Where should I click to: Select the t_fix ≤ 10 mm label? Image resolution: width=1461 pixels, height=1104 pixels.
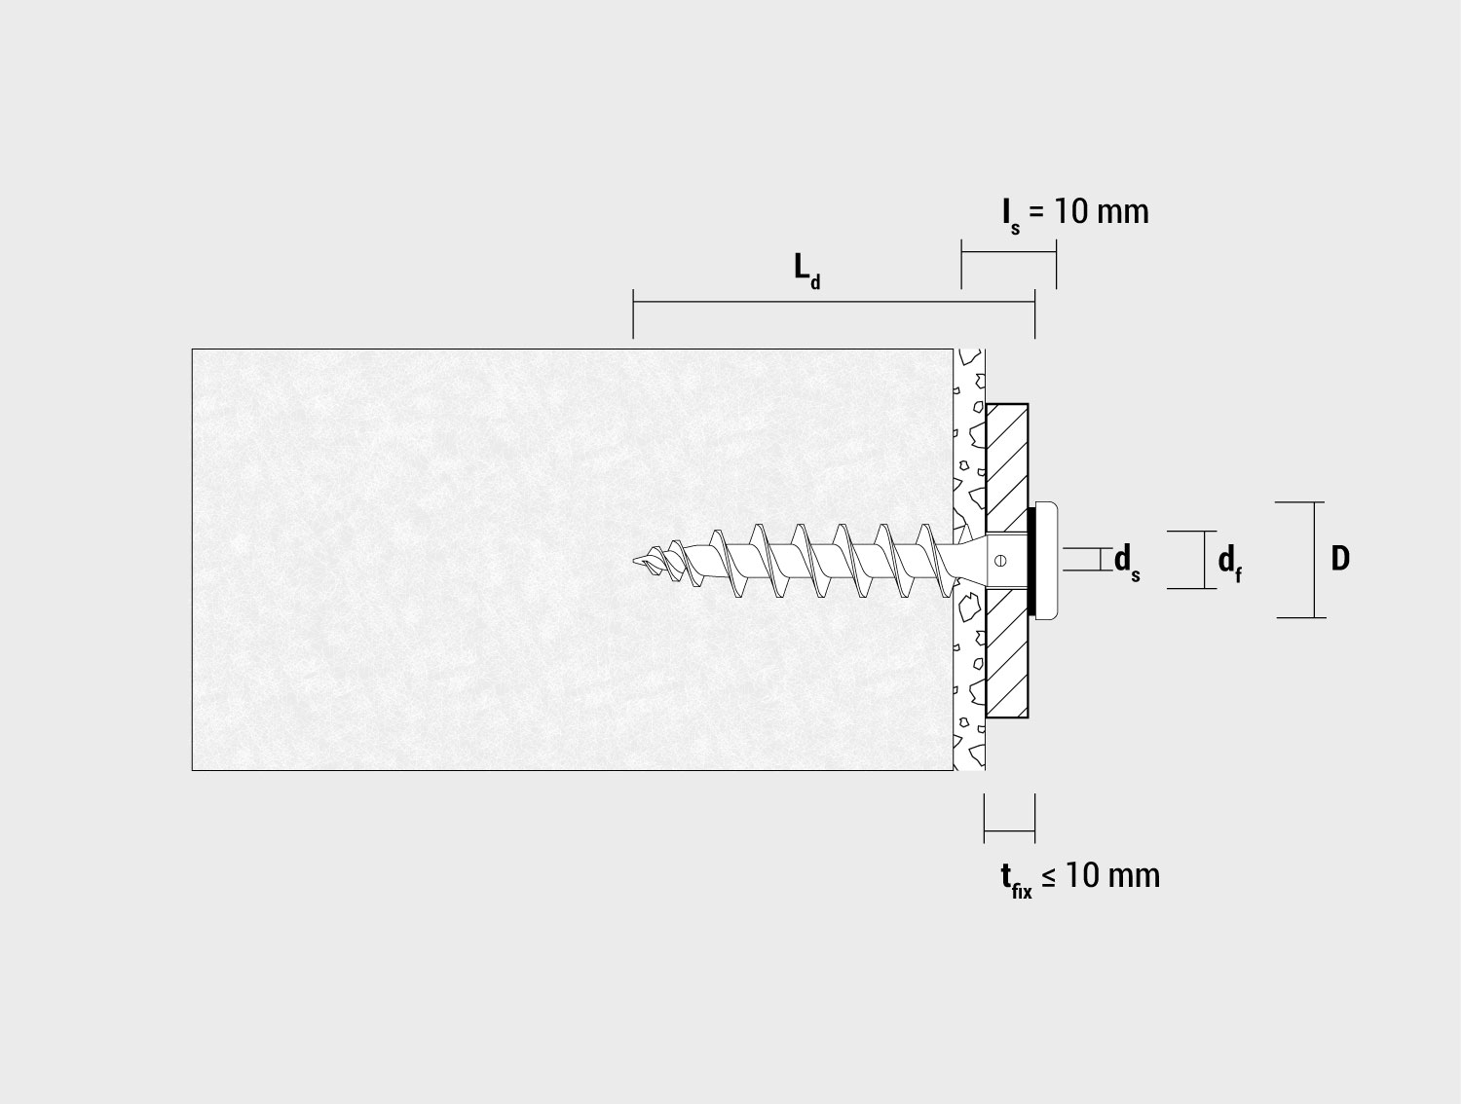[x=1080, y=879]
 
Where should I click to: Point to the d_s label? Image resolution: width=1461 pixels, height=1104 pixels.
[x=1127, y=563]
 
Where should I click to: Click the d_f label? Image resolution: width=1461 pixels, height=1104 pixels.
[x=1229, y=563]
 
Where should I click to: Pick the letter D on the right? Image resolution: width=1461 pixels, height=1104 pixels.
[x=1340, y=559]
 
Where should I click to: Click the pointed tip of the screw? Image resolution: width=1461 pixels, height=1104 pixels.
[x=634, y=561]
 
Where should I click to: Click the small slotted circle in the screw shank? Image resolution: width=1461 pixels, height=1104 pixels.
[x=999, y=561]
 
